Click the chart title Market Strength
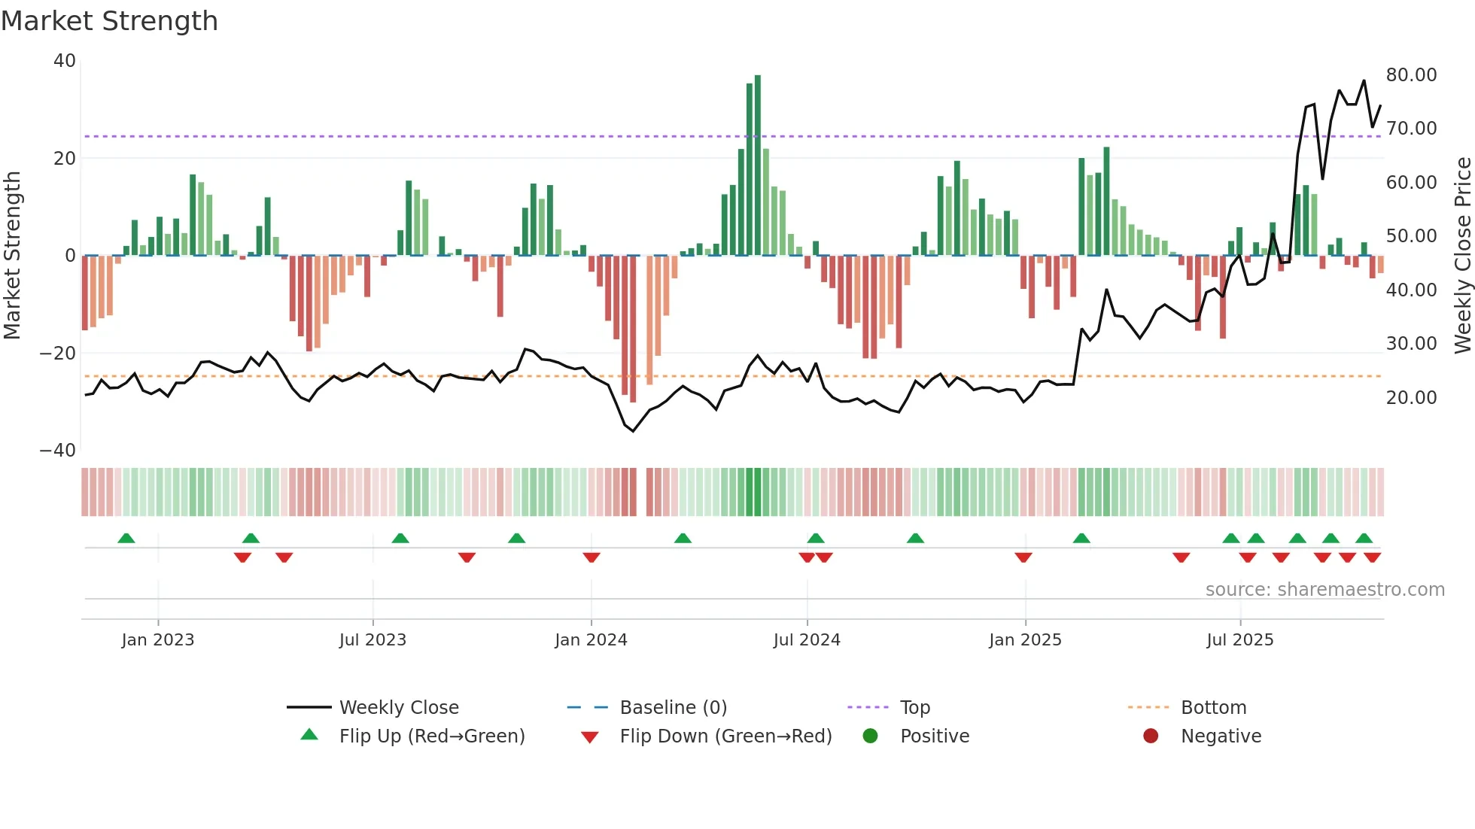pyautogui.click(x=110, y=21)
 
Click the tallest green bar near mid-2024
pyautogui.click(x=758, y=165)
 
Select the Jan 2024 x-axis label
pyautogui.click(x=591, y=640)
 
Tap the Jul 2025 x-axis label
pyautogui.click(x=1239, y=640)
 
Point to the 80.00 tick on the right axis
pyautogui.click(x=1411, y=75)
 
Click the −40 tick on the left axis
pyautogui.click(x=58, y=451)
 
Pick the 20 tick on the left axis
pyautogui.click(x=65, y=159)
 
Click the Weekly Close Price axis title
pyautogui.click(x=1462, y=256)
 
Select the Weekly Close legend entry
pyautogui.click(x=398, y=708)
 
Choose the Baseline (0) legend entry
pyautogui.click(x=673, y=708)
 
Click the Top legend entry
pyautogui.click(x=915, y=708)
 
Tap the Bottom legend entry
pyautogui.click(x=1213, y=708)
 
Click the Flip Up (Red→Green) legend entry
pyautogui.click(x=431, y=736)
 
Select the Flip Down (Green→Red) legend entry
pyautogui.click(x=725, y=736)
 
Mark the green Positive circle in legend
pyautogui.click(x=871, y=736)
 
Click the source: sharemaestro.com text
pyautogui.click(x=1324, y=590)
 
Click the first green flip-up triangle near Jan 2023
pyautogui.click(x=126, y=539)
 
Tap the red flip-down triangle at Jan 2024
pyautogui.click(x=592, y=557)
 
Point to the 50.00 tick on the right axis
pyautogui.click(x=1411, y=236)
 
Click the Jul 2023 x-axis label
pyautogui.click(x=373, y=640)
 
